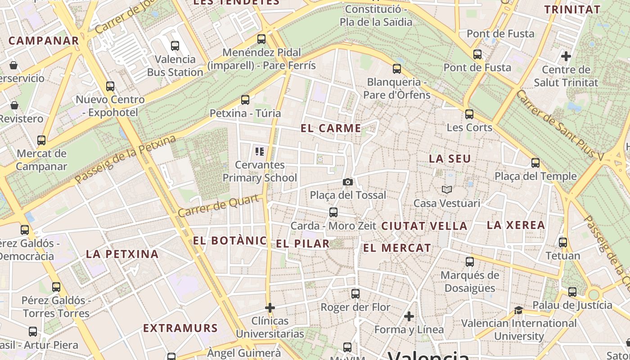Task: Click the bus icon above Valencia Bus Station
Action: click(175, 45)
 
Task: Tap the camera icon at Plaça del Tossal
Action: click(347, 182)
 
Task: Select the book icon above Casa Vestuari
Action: click(446, 189)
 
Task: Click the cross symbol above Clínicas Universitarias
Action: click(270, 308)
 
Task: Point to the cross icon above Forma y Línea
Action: click(409, 316)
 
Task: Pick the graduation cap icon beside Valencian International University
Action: click(519, 310)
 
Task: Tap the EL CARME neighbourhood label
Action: click(331, 128)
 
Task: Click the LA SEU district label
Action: click(450, 158)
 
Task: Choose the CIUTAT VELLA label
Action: click(424, 226)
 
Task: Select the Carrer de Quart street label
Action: click(219, 206)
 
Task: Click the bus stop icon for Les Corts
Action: click(469, 114)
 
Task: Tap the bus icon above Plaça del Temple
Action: click(535, 162)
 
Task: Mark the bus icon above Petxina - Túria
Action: click(245, 99)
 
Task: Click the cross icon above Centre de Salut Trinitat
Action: click(566, 56)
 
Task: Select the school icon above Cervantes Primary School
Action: click(259, 151)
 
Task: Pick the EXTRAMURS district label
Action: click(180, 328)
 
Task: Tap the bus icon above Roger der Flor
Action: click(355, 294)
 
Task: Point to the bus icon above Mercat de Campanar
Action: click(41, 140)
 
